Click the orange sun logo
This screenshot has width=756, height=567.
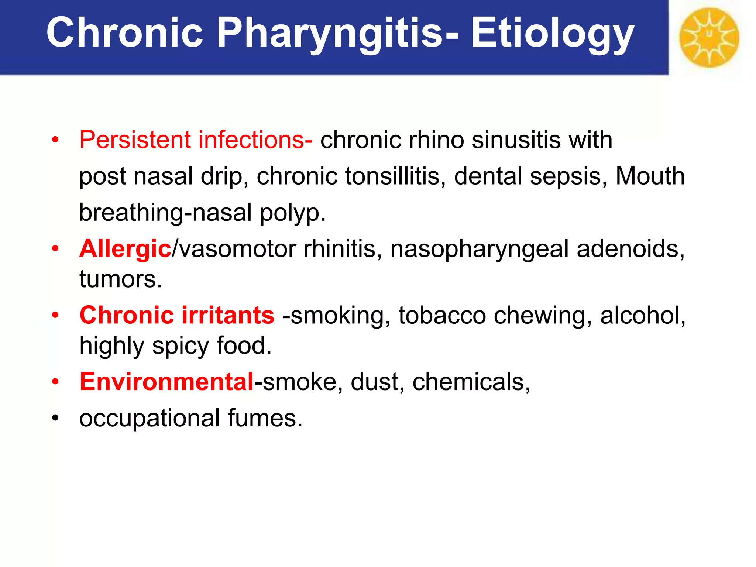point(709,37)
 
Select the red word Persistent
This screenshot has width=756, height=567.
point(135,140)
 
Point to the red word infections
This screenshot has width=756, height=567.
point(255,140)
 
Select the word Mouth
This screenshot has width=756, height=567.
point(650,176)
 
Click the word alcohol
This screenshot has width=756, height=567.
point(643,315)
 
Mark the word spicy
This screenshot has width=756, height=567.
point(181,346)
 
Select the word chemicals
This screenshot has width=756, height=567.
point(471,382)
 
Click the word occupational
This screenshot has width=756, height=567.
point(150,419)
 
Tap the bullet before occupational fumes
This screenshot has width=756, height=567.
point(55,418)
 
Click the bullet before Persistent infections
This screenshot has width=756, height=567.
point(55,140)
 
